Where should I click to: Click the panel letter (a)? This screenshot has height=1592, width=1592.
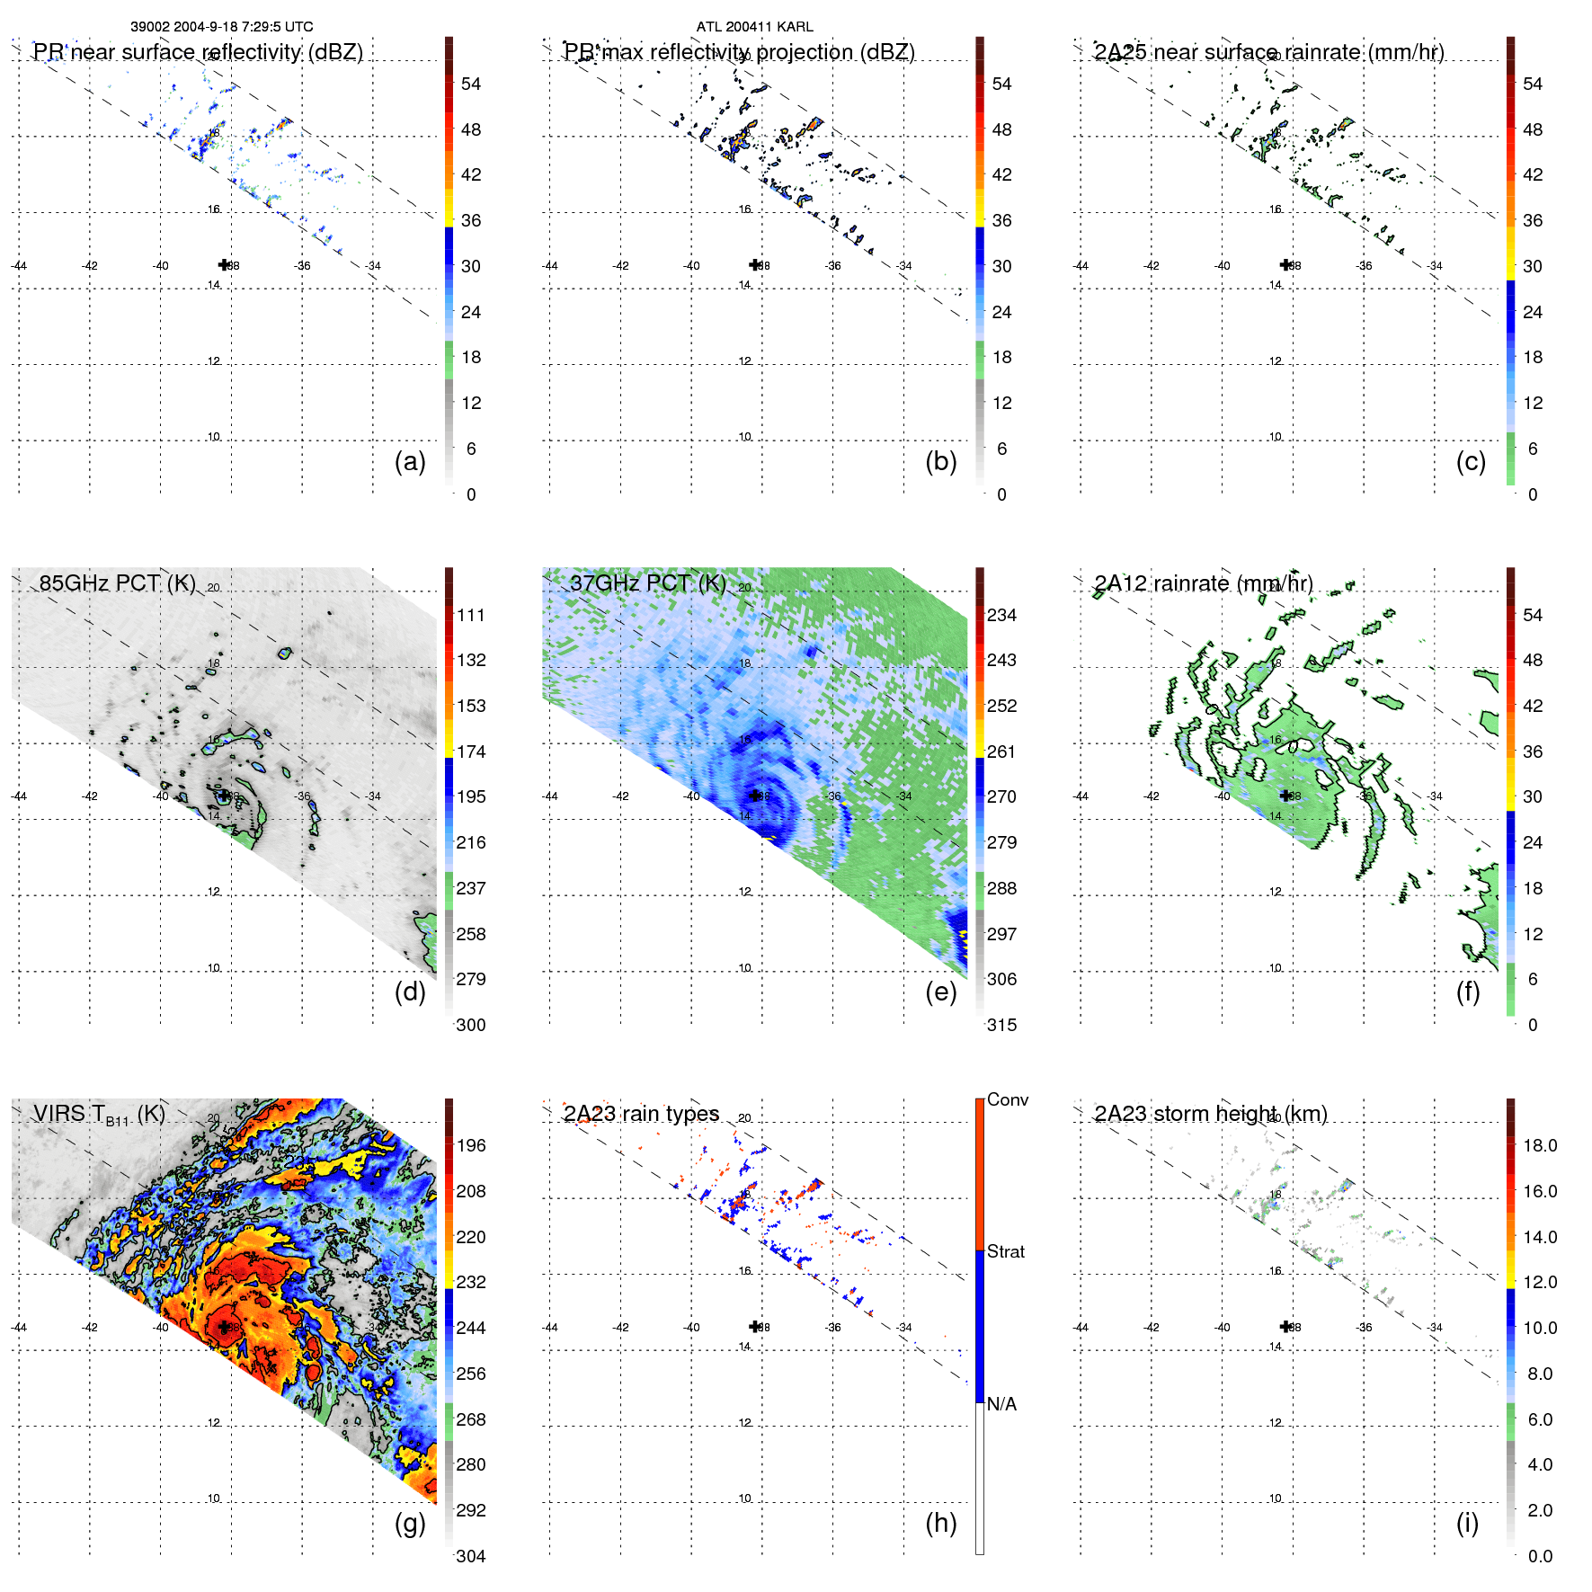(x=410, y=462)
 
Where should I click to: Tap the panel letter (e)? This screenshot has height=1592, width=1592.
(x=940, y=992)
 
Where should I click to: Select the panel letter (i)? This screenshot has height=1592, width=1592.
(x=1467, y=1523)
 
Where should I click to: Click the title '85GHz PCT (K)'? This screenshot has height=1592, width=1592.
(x=117, y=583)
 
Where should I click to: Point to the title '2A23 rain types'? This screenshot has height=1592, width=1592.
(x=641, y=1114)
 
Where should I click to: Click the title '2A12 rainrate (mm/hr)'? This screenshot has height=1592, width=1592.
(x=1203, y=583)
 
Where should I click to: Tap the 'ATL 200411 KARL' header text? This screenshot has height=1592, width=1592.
(x=754, y=27)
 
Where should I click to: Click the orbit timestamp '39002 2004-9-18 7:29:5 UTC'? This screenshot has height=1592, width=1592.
(x=222, y=27)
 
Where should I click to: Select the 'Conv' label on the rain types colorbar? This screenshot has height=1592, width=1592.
(x=1007, y=1099)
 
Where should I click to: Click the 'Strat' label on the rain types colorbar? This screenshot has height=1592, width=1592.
(x=1005, y=1251)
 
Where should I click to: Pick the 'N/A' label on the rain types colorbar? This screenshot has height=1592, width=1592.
(x=1001, y=1404)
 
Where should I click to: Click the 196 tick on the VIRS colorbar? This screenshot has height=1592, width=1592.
(x=471, y=1145)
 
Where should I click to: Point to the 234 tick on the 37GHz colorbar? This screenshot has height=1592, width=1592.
(x=1001, y=615)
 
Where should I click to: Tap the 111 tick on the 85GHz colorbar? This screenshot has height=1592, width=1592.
(x=471, y=615)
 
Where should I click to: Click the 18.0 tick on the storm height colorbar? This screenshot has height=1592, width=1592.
(x=1540, y=1145)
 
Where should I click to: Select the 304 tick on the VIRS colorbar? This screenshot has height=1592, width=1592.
(x=471, y=1556)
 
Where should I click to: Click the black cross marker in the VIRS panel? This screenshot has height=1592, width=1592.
(x=224, y=1327)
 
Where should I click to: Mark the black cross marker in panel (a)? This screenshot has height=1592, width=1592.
(x=224, y=264)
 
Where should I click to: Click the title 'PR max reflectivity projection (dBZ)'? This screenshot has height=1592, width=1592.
(x=739, y=52)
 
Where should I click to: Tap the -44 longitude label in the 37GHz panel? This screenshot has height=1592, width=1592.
(x=550, y=796)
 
